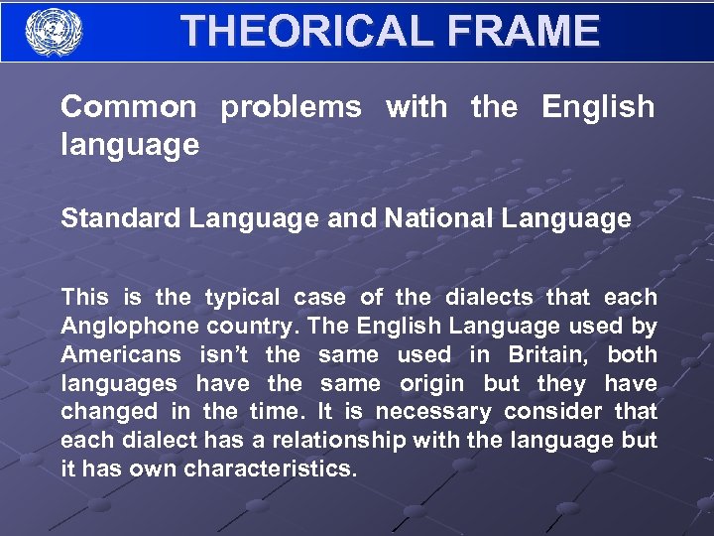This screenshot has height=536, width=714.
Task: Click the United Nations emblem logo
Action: coord(55,32)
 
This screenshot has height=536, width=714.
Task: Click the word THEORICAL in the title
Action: coord(304,31)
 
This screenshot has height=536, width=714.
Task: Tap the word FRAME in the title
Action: coord(524,31)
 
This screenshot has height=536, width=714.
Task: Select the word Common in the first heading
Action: coord(128,107)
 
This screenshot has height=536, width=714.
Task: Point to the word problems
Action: coord(291,107)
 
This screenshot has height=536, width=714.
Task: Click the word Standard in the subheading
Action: coord(121,218)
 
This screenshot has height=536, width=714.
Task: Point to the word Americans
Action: coord(121,354)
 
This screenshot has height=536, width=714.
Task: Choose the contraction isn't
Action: coord(224,354)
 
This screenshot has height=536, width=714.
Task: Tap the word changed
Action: coord(109,412)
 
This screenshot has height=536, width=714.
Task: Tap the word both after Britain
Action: coord(632,354)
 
